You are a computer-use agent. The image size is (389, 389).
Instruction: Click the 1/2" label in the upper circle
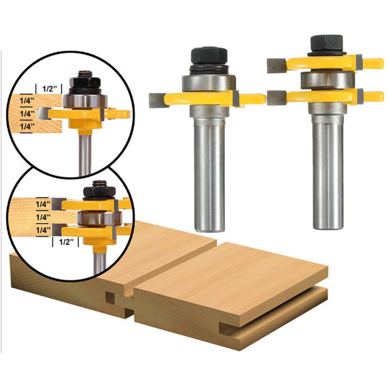tap(50, 89)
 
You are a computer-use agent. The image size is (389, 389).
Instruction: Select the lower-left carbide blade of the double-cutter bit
tap(276, 97)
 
